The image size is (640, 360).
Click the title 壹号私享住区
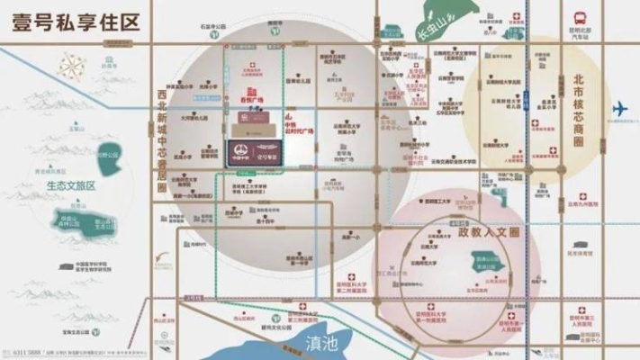(x=77, y=22)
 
